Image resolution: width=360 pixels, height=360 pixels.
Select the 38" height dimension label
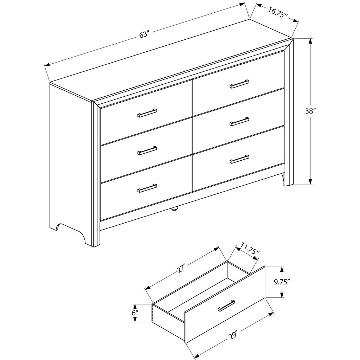click(310, 111)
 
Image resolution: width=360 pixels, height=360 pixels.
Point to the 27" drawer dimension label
click(181, 269)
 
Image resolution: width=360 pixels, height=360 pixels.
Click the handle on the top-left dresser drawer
click(147, 113)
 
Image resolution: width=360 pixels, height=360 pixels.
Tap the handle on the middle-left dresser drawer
click(147, 150)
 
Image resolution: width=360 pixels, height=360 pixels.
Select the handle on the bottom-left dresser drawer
click(147, 188)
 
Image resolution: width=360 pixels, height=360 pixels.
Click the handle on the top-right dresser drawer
click(239, 84)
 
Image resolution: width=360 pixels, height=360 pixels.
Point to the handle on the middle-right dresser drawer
click(239, 121)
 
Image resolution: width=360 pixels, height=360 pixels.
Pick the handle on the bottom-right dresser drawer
click(239, 159)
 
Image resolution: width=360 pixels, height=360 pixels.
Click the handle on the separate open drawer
click(226, 306)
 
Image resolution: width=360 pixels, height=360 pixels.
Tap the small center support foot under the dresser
click(175, 208)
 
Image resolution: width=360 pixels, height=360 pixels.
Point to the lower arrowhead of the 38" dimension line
click(310, 181)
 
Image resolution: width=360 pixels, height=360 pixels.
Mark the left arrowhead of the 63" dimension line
click(47, 65)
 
